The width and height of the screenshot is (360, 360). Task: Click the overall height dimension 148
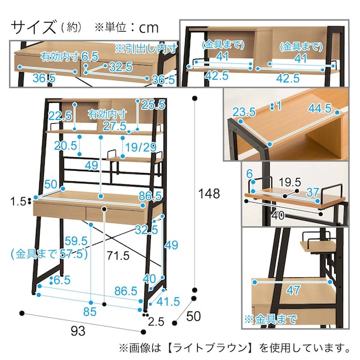tap(207, 194)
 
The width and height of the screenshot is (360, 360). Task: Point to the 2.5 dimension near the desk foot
tap(156, 322)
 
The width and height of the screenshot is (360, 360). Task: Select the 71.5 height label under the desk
tap(117, 255)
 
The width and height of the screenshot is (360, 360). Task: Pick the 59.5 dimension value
tap(76, 240)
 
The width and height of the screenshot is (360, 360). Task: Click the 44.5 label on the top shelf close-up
tap(320, 109)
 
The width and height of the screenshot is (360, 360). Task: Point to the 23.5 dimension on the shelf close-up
tap(244, 112)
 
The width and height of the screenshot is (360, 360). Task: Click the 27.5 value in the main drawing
tap(115, 126)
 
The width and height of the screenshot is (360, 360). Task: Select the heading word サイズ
tap(33, 27)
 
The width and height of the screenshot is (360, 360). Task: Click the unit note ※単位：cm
tap(126, 28)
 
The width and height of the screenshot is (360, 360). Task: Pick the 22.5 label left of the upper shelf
tap(60, 116)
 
